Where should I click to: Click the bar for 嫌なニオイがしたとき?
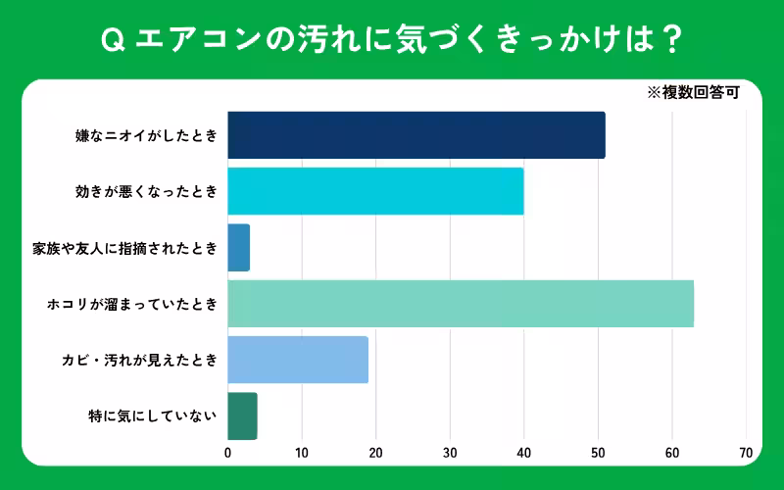pyautogui.click(x=416, y=135)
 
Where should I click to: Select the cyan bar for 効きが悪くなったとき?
pyautogui.click(x=375, y=191)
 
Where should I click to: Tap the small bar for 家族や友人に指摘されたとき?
pyautogui.click(x=239, y=248)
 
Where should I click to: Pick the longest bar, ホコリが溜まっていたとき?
pyautogui.click(x=461, y=304)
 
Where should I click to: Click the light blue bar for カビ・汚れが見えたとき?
pyautogui.click(x=298, y=360)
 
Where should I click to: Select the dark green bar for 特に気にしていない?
pyautogui.click(x=242, y=416)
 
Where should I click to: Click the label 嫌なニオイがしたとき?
pyautogui.click(x=146, y=135)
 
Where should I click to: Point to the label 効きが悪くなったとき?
pyautogui.click(x=146, y=191)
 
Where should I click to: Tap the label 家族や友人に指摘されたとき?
pyautogui.click(x=124, y=248)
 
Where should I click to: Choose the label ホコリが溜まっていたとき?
pyautogui.click(x=132, y=304)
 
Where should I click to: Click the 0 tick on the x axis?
pyautogui.click(x=228, y=454)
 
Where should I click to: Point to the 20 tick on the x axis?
pyautogui.click(x=375, y=454)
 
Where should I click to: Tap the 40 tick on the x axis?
pyautogui.click(x=523, y=454)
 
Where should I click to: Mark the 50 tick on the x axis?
pyautogui.click(x=598, y=454)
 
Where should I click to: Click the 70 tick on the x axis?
pyautogui.click(x=746, y=454)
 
